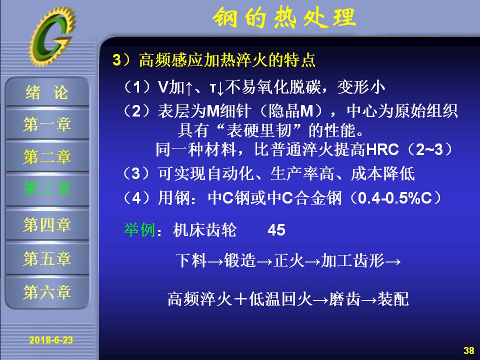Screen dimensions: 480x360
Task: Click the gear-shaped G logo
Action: click(52, 36)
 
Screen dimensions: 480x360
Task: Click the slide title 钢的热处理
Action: click(284, 18)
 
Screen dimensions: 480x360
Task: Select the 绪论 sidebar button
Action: click(47, 92)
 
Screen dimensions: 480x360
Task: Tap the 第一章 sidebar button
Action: click(47, 124)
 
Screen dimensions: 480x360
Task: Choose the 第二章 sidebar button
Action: click(47, 156)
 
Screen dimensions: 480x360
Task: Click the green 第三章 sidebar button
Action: click(47, 188)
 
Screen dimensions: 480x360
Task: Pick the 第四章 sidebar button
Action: click(47, 224)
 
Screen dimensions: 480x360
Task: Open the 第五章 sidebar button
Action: click(47, 258)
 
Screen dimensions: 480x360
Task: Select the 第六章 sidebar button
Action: click(47, 291)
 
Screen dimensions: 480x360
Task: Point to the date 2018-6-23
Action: click(51, 340)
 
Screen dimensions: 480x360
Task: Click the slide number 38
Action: click(468, 350)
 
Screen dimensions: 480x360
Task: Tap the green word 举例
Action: click(139, 229)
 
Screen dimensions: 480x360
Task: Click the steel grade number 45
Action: click(276, 230)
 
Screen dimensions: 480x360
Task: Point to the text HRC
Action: click(382, 149)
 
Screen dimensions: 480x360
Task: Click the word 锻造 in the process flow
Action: click(240, 261)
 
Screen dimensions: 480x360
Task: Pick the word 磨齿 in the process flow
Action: click(345, 299)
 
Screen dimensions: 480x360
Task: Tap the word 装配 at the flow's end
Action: click(393, 299)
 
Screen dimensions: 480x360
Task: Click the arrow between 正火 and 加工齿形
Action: click(312, 261)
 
